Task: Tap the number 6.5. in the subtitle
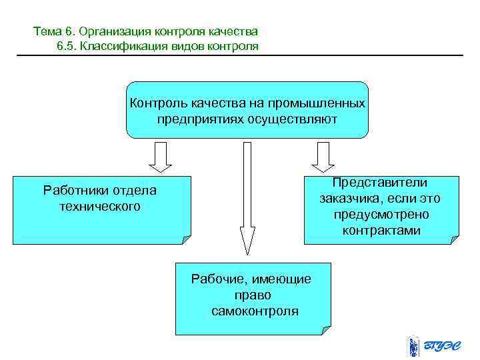click(65, 46)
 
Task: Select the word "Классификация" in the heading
click(120, 46)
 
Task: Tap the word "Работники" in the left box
click(72, 190)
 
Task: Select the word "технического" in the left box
click(100, 206)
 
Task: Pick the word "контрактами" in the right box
click(381, 231)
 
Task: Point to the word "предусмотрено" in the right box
click(381, 215)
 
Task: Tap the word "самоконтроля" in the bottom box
click(255, 311)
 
